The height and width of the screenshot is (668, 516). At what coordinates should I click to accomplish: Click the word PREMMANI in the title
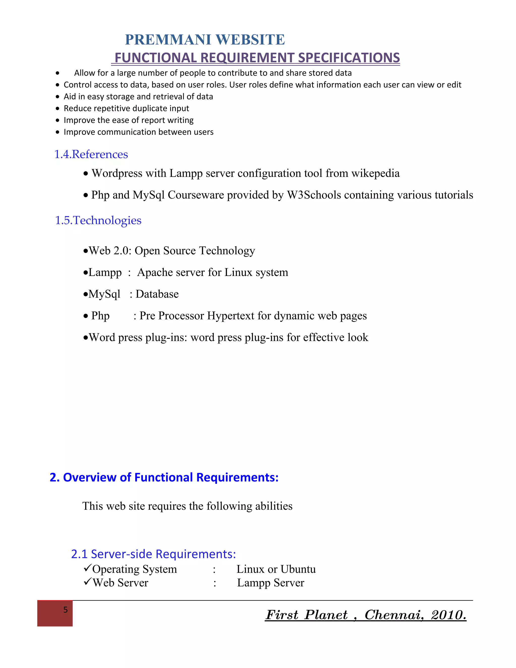(x=168, y=40)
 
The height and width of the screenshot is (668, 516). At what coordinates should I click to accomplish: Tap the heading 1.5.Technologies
(x=98, y=220)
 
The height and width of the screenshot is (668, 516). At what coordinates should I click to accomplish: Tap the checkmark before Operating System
(x=87, y=568)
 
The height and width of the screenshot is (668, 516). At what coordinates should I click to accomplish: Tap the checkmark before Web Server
(x=87, y=582)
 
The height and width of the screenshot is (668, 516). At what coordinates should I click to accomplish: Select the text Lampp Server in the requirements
(x=271, y=583)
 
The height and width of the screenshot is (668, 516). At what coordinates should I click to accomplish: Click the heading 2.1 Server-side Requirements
(x=153, y=554)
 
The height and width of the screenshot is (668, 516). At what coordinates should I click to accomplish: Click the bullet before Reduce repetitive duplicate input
(x=57, y=109)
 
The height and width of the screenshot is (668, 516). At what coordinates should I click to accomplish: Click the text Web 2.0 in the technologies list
(x=110, y=251)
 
